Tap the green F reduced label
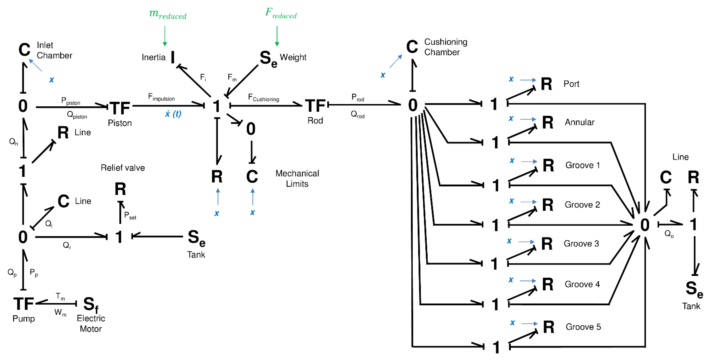pyautogui.click(x=281, y=13)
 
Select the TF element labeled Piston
pyautogui.click(x=120, y=108)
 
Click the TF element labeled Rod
pyautogui.click(x=315, y=106)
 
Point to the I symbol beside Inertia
pyautogui.click(x=173, y=57)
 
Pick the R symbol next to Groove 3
pyautogui.click(x=547, y=244)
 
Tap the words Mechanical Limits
pyautogui.click(x=297, y=178)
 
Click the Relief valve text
pyautogui.click(x=123, y=168)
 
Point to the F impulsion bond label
pyautogui.click(x=161, y=97)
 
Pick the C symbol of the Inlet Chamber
pyautogui.click(x=24, y=50)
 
